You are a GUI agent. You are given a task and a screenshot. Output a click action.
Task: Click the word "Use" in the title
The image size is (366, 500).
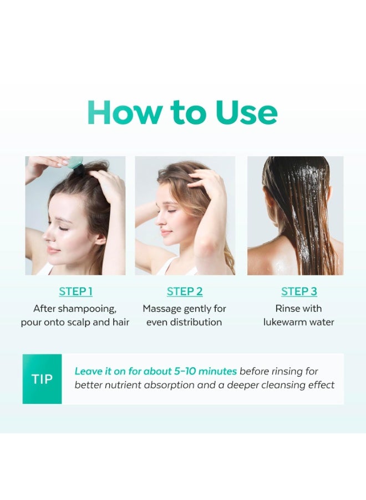246,113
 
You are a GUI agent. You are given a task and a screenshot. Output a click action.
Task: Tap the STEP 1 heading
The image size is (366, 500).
76,291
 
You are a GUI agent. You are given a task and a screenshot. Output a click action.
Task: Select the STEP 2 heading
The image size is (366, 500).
185,291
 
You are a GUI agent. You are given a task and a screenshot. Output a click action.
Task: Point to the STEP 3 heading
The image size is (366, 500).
299,291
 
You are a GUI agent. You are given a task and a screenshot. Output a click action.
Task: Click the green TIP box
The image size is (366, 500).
42,379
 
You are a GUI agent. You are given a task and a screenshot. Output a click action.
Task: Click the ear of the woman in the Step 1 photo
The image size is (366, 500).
100,238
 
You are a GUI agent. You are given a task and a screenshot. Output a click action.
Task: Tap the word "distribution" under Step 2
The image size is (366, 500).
196,322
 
